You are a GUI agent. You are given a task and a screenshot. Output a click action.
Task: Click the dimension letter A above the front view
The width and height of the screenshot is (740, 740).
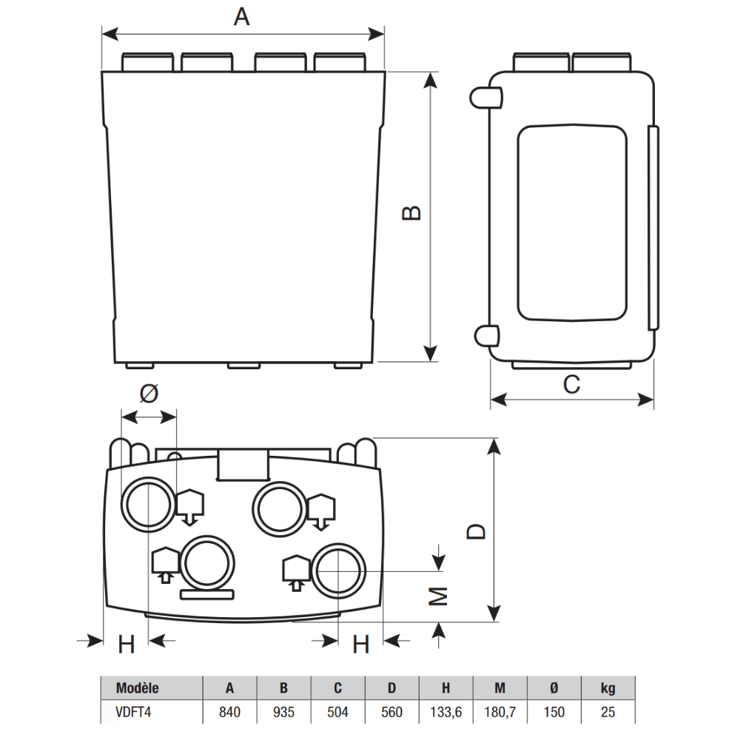coord(242,17)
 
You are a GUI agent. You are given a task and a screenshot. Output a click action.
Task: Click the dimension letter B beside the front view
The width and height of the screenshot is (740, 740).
coord(411,213)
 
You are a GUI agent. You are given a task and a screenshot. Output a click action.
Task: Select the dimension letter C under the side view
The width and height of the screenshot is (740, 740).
coord(571,384)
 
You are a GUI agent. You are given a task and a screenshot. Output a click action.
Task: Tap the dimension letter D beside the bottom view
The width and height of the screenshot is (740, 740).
coord(476,531)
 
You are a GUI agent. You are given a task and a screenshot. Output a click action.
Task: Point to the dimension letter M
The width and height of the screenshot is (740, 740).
coord(438,596)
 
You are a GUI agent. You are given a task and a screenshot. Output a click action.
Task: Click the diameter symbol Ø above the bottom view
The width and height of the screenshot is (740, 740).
coord(149,393)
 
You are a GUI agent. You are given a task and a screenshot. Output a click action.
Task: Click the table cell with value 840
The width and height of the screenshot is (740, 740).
coord(230,712)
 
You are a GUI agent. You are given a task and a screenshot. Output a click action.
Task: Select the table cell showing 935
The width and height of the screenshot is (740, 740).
coord(283,712)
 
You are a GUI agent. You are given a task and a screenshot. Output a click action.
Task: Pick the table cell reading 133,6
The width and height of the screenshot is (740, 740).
coord(446,712)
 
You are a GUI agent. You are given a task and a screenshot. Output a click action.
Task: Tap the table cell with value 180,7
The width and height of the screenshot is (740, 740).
coord(500,712)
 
